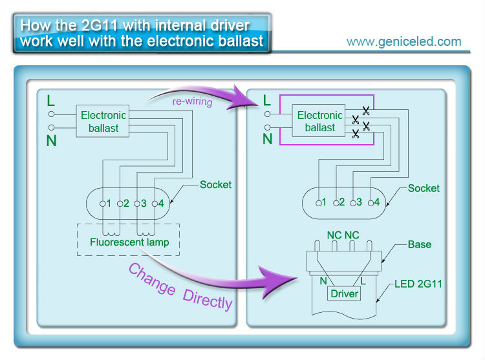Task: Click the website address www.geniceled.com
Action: [x=404, y=42]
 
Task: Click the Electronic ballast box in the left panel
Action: [x=103, y=122]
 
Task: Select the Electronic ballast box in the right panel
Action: [x=320, y=122]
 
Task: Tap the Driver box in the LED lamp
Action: [x=344, y=294]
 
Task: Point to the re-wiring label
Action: [x=192, y=101]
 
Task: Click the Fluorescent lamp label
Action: [x=129, y=242]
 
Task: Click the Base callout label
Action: [x=420, y=245]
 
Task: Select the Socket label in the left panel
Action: [x=215, y=185]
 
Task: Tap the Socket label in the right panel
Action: [x=424, y=189]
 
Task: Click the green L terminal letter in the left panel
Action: [x=51, y=101]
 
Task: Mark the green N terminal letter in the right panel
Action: [x=267, y=138]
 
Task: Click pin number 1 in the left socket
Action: [x=109, y=204]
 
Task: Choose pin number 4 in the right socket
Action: [x=377, y=202]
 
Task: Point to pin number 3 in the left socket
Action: [x=144, y=204]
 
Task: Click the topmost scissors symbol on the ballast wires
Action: [x=366, y=110]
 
